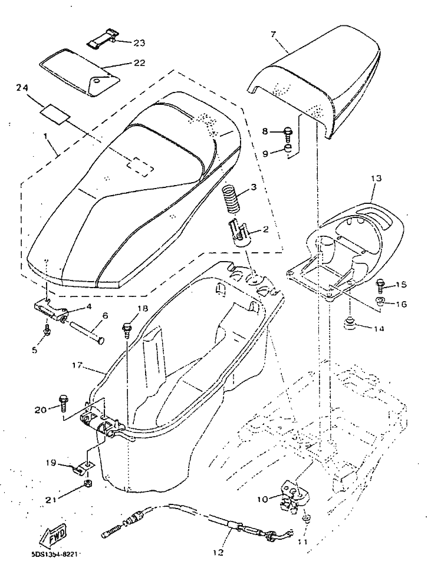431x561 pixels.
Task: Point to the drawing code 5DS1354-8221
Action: coord(56,554)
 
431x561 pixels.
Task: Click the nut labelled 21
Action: coord(85,484)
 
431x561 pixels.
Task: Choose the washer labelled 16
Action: coord(381,303)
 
